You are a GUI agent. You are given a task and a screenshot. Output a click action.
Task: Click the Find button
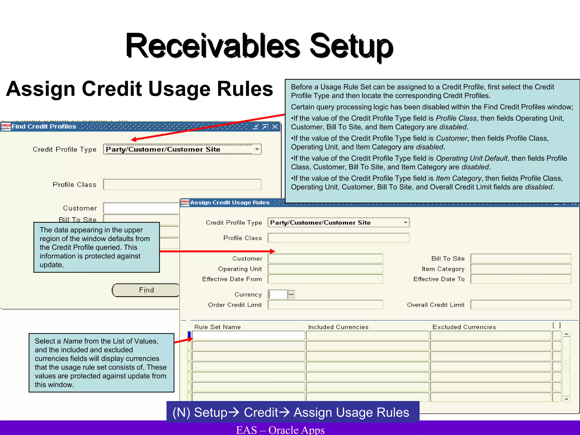pos(146,290)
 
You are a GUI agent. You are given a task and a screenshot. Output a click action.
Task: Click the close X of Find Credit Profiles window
pos(275,127)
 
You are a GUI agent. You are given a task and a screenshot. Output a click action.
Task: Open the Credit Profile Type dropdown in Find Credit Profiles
pos(257,149)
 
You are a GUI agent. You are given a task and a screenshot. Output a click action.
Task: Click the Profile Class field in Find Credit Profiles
pos(182,184)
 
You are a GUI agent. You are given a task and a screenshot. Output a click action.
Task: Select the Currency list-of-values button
pos(291,295)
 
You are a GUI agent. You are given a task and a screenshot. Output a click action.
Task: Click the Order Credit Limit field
pos(325,305)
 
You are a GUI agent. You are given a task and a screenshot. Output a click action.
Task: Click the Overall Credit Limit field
pos(521,305)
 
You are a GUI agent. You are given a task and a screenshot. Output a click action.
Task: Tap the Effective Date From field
pos(325,279)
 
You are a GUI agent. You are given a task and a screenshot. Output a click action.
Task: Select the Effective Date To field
pos(521,279)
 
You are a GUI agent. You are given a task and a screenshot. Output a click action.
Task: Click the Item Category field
pos(521,269)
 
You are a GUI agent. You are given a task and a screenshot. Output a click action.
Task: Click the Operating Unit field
pos(325,269)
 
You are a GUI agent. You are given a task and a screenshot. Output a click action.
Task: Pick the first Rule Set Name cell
pos(248,336)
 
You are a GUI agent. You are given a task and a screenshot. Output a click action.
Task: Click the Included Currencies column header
pos(338,327)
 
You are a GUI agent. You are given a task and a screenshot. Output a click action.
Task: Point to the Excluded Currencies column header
pos(464,327)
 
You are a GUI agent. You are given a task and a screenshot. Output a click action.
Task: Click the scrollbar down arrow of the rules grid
pos(566,399)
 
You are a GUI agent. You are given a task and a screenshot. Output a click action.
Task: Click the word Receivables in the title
pos(213,46)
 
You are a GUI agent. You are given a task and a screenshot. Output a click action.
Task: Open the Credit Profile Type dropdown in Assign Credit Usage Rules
pos(406,223)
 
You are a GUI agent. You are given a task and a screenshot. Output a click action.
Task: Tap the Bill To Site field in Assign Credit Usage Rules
pos(521,259)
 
